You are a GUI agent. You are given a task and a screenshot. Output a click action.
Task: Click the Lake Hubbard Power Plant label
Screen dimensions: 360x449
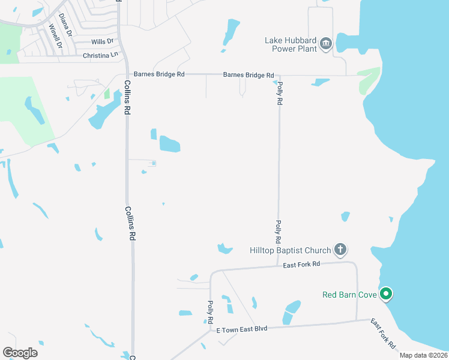(291, 44)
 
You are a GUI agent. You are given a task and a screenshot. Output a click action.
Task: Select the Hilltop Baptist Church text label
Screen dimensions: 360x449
(291, 250)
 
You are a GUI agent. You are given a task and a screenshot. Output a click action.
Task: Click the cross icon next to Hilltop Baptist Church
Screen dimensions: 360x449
(340, 249)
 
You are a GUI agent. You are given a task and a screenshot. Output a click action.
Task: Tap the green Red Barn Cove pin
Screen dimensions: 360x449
(387, 294)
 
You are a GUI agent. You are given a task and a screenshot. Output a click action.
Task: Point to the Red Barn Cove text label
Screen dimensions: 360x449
(349, 295)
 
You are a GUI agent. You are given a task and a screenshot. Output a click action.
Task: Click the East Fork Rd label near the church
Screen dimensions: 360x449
(302, 264)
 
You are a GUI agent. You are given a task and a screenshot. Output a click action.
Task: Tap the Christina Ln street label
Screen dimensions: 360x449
(99, 55)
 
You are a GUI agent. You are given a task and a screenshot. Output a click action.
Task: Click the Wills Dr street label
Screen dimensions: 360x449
(102, 42)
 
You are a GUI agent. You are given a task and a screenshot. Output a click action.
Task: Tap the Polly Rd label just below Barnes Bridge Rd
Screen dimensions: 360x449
(279, 94)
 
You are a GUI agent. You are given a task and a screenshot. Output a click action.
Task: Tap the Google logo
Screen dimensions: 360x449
(20, 352)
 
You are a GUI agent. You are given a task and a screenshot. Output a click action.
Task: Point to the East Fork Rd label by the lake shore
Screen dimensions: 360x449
(382, 334)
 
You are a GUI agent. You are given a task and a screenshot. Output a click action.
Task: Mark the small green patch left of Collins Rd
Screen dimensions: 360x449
(107, 94)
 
